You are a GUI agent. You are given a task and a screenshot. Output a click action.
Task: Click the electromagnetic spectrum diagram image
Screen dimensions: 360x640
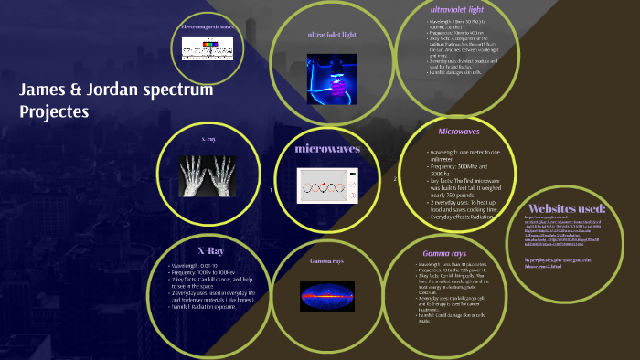tap(206, 48)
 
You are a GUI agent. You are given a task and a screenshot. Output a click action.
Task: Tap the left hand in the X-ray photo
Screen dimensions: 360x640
tap(192, 174)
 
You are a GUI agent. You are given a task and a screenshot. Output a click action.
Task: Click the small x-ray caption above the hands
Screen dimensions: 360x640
tap(208, 138)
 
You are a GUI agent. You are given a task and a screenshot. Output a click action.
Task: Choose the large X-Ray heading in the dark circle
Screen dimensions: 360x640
tap(210, 250)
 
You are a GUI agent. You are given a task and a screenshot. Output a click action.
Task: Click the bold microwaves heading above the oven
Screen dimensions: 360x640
tap(327, 148)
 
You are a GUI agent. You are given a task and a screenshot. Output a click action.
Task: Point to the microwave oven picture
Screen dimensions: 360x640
tap(327, 185)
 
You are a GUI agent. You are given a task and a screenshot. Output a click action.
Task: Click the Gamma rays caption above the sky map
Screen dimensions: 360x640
tap(325, 261)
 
